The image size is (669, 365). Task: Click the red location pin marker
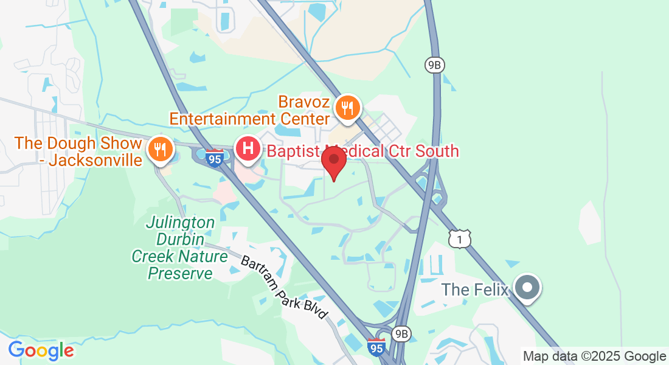coord(334,160)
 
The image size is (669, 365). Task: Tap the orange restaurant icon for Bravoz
coord(348,108)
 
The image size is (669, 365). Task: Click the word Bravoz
coord(305,100)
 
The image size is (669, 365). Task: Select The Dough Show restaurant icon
coord(160,148)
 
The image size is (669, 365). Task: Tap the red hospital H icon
coord(248,148)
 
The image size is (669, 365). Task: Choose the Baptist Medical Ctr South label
coord(362,151)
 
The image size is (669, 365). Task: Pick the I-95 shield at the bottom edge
coord(376,347)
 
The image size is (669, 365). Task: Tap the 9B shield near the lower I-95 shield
coord(401,333)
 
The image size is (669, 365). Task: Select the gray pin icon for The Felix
coord(527,288)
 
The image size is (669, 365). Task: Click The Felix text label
coord(474,290)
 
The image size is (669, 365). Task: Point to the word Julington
coord(180,223)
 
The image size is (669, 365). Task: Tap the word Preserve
coord(181,274)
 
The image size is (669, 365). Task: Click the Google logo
coord(41,350)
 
